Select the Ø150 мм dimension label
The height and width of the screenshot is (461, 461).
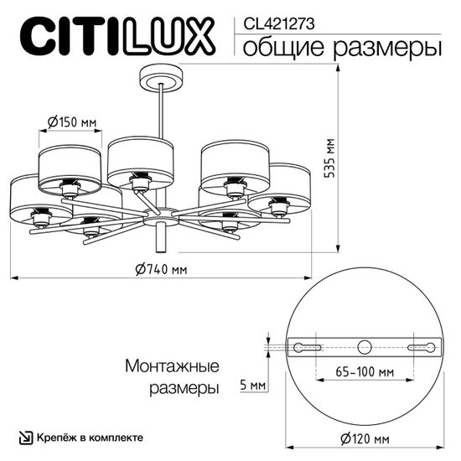pos(69,122)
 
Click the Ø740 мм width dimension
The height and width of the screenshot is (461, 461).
pos(160,269)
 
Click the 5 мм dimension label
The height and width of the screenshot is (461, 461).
pos(252,385)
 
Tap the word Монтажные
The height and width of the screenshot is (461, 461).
pos(172,367)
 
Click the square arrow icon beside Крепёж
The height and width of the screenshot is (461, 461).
pos(27,438)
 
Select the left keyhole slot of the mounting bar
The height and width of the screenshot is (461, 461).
pos(307,346)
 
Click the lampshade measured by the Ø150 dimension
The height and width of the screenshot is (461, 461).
pos(70,163)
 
